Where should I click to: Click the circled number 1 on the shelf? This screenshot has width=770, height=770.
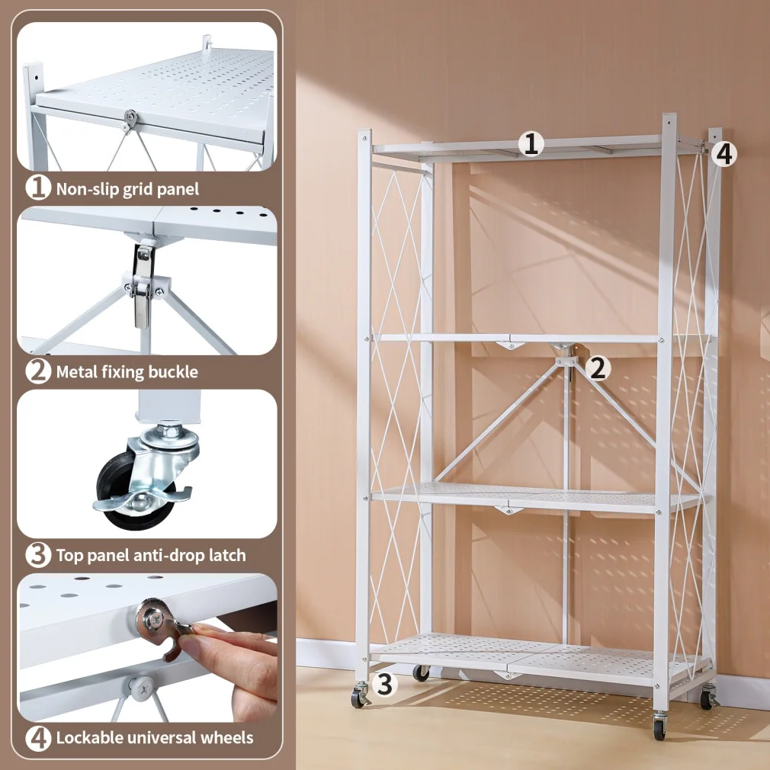[x=531, y=143]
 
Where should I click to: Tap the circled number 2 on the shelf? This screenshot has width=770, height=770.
[x=599, y=369]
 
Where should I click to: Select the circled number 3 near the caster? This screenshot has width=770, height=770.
[x=385, y=684]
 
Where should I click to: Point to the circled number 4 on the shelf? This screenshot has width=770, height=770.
[x=724, y=153]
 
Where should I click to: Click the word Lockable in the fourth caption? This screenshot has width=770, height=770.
[x=88, y=738]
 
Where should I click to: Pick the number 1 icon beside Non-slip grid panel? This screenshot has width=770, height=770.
[x=37, y=188]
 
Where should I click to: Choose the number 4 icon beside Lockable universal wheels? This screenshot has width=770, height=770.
[x=37, y=738]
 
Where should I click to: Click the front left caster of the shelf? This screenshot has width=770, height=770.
[x=358, y=697]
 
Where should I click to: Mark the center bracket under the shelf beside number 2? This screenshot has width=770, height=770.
[x=566, y=358]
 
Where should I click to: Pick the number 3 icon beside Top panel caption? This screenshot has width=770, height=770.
[x=37, y=555]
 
